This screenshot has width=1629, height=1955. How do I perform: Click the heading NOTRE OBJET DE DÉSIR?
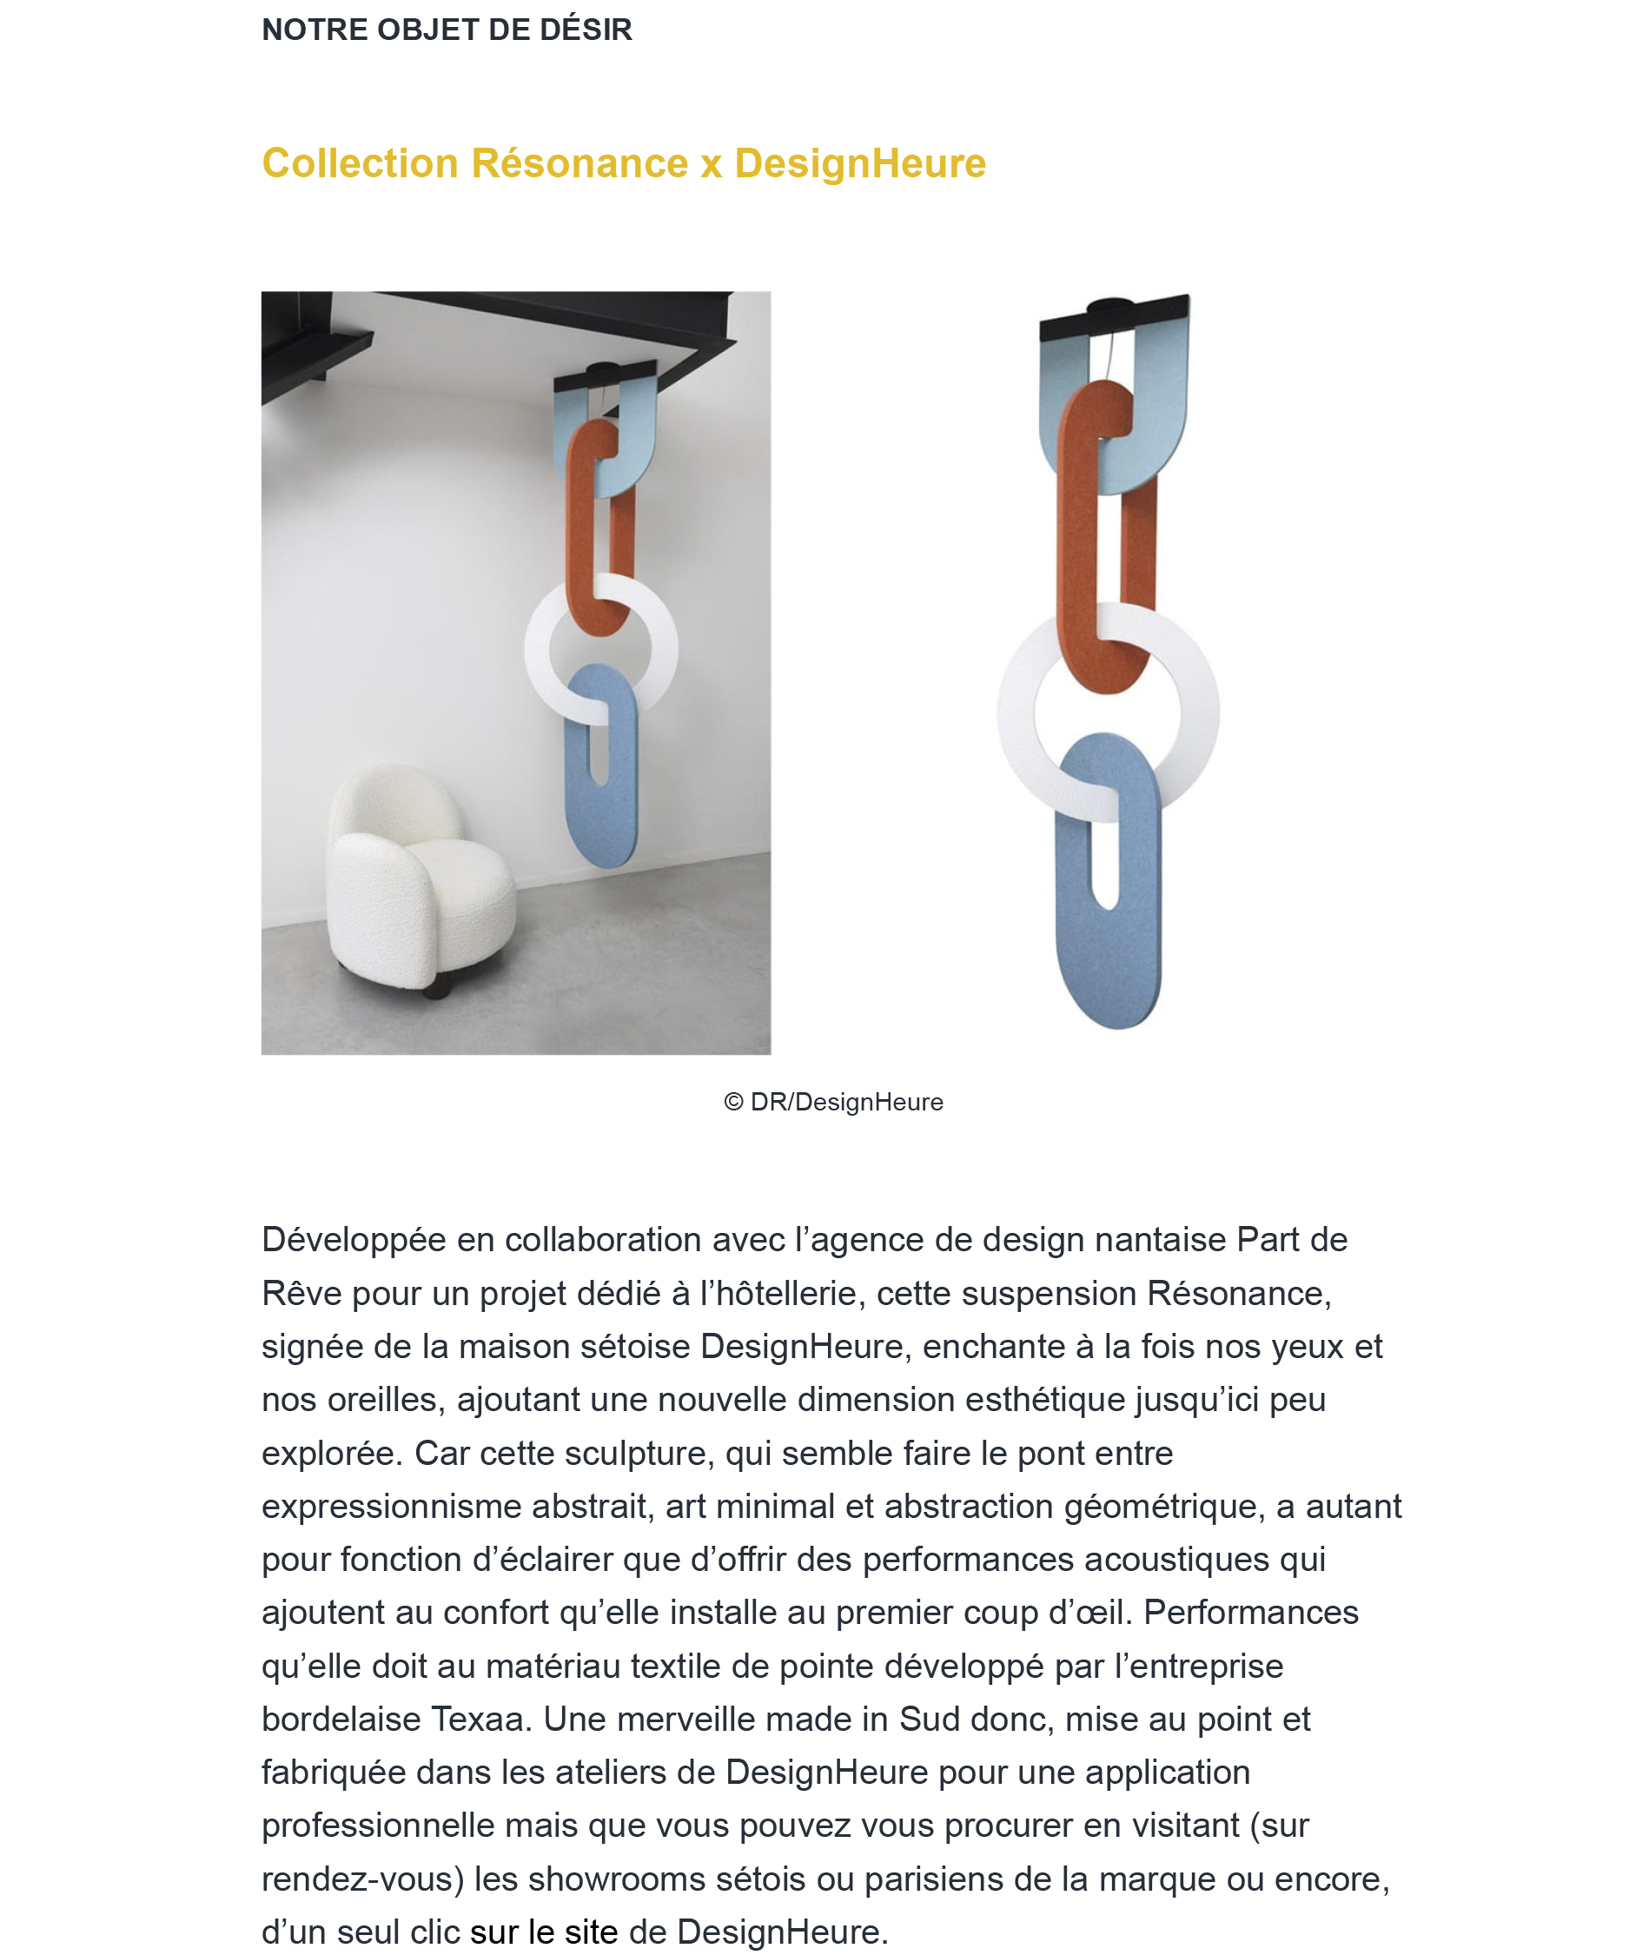click(447, 30)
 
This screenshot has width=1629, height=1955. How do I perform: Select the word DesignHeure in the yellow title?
click(859, 163)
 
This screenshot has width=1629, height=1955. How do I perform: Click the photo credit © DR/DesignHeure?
click(833, 1103)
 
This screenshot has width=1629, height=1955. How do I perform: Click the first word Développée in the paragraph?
click(377, 1240)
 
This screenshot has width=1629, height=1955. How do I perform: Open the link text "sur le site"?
click(544, 1932)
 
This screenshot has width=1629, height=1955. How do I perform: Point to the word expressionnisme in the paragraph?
click(390, 1507)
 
